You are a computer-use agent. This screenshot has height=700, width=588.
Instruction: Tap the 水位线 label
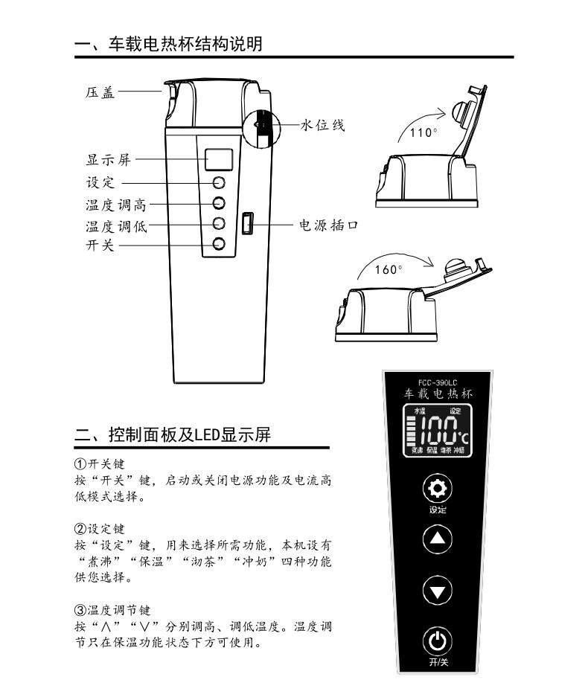tap(322, 125)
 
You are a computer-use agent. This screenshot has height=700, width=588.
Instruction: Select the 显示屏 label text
tap(107, 160)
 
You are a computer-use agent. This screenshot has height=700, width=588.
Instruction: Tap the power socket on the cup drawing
tap(247, 223)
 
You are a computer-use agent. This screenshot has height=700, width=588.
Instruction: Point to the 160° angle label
tap(388, 269)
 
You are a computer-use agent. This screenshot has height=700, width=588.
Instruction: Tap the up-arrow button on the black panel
tap(437, 539)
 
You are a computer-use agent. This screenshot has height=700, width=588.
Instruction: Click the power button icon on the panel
tap(438, 640)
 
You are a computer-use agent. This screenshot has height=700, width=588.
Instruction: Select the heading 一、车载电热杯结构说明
tap(169, 44)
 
